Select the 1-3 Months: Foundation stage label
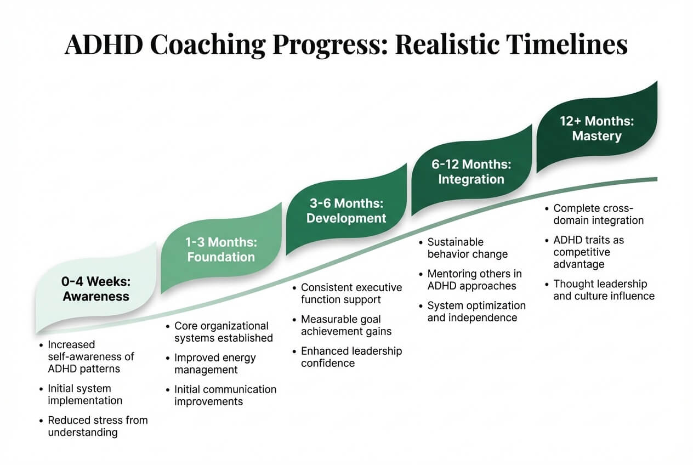(x=221, y=249)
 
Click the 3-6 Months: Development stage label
(x=346, y=211)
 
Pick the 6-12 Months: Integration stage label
(x=471, y=172)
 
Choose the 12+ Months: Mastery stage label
(x=597, y=128)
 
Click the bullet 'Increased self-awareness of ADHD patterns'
(x=90, y=356)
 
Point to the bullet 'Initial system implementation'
(x=84, y=394)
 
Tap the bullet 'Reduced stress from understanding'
(x=97, y=426)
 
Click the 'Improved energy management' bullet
(x=214, y=364)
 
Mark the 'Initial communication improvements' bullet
(x=225, y=395)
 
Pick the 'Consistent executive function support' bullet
(x=351, y=293)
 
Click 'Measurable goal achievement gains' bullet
(x=346, y=325)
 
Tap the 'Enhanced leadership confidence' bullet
(x=351, y=356)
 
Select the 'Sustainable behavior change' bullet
(x=467, y=248)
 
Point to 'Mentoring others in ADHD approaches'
(x=474, y=279)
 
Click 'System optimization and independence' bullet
(x=476, y=311)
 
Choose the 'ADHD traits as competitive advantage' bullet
(x=588, y=252)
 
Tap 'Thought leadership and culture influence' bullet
(x=603, y=290)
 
